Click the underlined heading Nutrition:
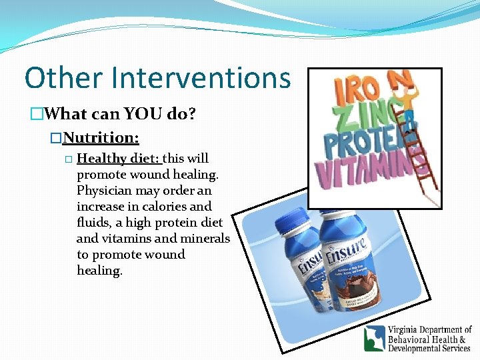click(x=101, y=137)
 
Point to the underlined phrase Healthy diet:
click(x=119, y=159)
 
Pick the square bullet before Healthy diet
click(x=68, y=159)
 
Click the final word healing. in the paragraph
click(x=99, y=271)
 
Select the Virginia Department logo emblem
click(x=374, y=338)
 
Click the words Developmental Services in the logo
click(x=429, y=348)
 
